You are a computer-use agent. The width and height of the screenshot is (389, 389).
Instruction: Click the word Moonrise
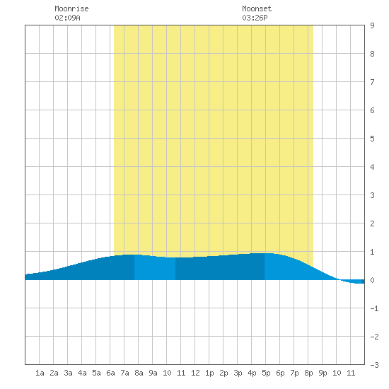point(71,8)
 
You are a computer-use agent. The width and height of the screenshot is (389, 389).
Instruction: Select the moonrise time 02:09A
point(67,18)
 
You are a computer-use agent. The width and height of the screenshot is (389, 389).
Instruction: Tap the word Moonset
point(257,8)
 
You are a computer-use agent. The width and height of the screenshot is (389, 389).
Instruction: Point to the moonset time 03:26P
point(255,18)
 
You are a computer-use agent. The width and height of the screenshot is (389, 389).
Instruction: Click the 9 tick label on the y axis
point(372,25)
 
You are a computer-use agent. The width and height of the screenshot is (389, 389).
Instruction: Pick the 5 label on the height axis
point(372,139)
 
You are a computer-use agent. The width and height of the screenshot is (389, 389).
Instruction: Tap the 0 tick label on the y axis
point(372,280)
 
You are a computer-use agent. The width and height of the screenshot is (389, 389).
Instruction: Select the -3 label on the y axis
point(374,365)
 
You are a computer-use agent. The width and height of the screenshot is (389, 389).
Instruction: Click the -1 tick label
point(374,308)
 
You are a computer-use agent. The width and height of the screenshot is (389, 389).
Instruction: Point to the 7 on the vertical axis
point(372,82)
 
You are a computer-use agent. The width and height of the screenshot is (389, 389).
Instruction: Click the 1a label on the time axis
point(40,373)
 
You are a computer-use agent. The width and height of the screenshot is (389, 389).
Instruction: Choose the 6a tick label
point(110,373)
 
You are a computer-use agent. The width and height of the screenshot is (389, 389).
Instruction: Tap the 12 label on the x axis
point(195,373)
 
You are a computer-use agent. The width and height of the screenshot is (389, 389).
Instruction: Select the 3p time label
point(238,373)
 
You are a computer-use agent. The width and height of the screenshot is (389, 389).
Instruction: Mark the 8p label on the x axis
point(308,373)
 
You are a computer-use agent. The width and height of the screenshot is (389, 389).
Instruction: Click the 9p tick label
point(323,373)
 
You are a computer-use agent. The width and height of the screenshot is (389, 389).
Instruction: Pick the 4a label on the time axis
point(82,373)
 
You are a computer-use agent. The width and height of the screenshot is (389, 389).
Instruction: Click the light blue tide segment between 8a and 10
point(155,269)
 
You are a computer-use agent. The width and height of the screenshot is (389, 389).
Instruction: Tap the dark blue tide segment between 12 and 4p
point(220,268)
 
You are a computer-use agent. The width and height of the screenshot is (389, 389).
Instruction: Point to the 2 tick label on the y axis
point(372,223)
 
